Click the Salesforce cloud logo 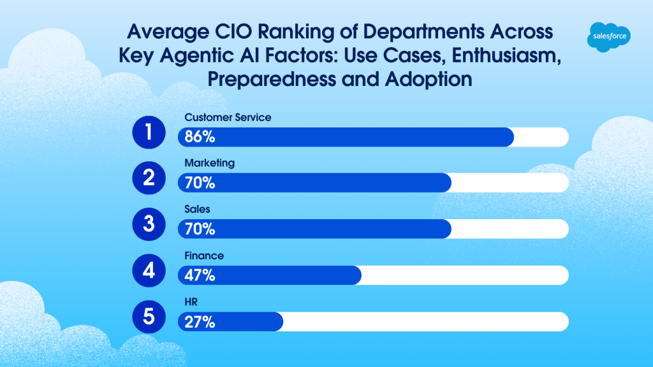click(608, 37)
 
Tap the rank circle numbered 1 click(149, 133)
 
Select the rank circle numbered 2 click(149, 178)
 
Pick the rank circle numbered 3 click(149, 225)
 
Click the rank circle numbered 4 click(149, 271)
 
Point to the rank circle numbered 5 click(149, 317)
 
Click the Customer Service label click(228, 117)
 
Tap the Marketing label click(209, 163)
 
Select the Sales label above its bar click(197, 209)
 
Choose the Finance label click(204, 255)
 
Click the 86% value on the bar click(200, 137)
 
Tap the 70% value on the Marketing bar click(200, 183)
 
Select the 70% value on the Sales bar click(200, 229)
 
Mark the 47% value click(200, 276)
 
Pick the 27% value click(200, 322)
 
